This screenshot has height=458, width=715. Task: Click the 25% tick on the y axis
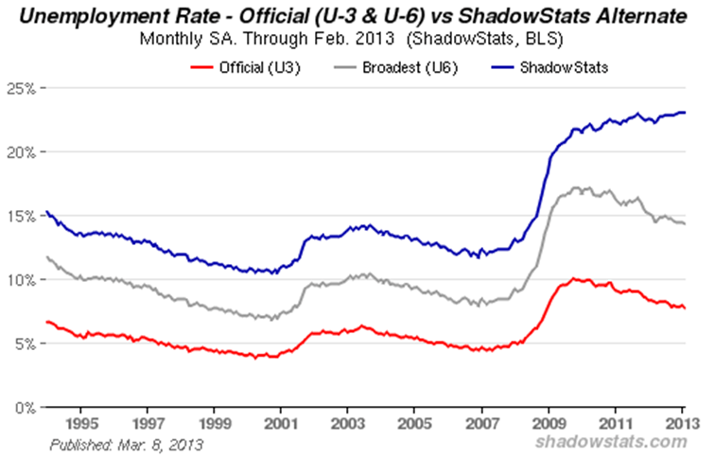[21, 88]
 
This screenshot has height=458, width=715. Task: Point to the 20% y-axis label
[21, 152]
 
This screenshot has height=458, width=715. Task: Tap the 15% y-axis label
[21, 216]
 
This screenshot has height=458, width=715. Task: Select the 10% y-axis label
[21, 280]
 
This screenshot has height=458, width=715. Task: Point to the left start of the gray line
[45, 256]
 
